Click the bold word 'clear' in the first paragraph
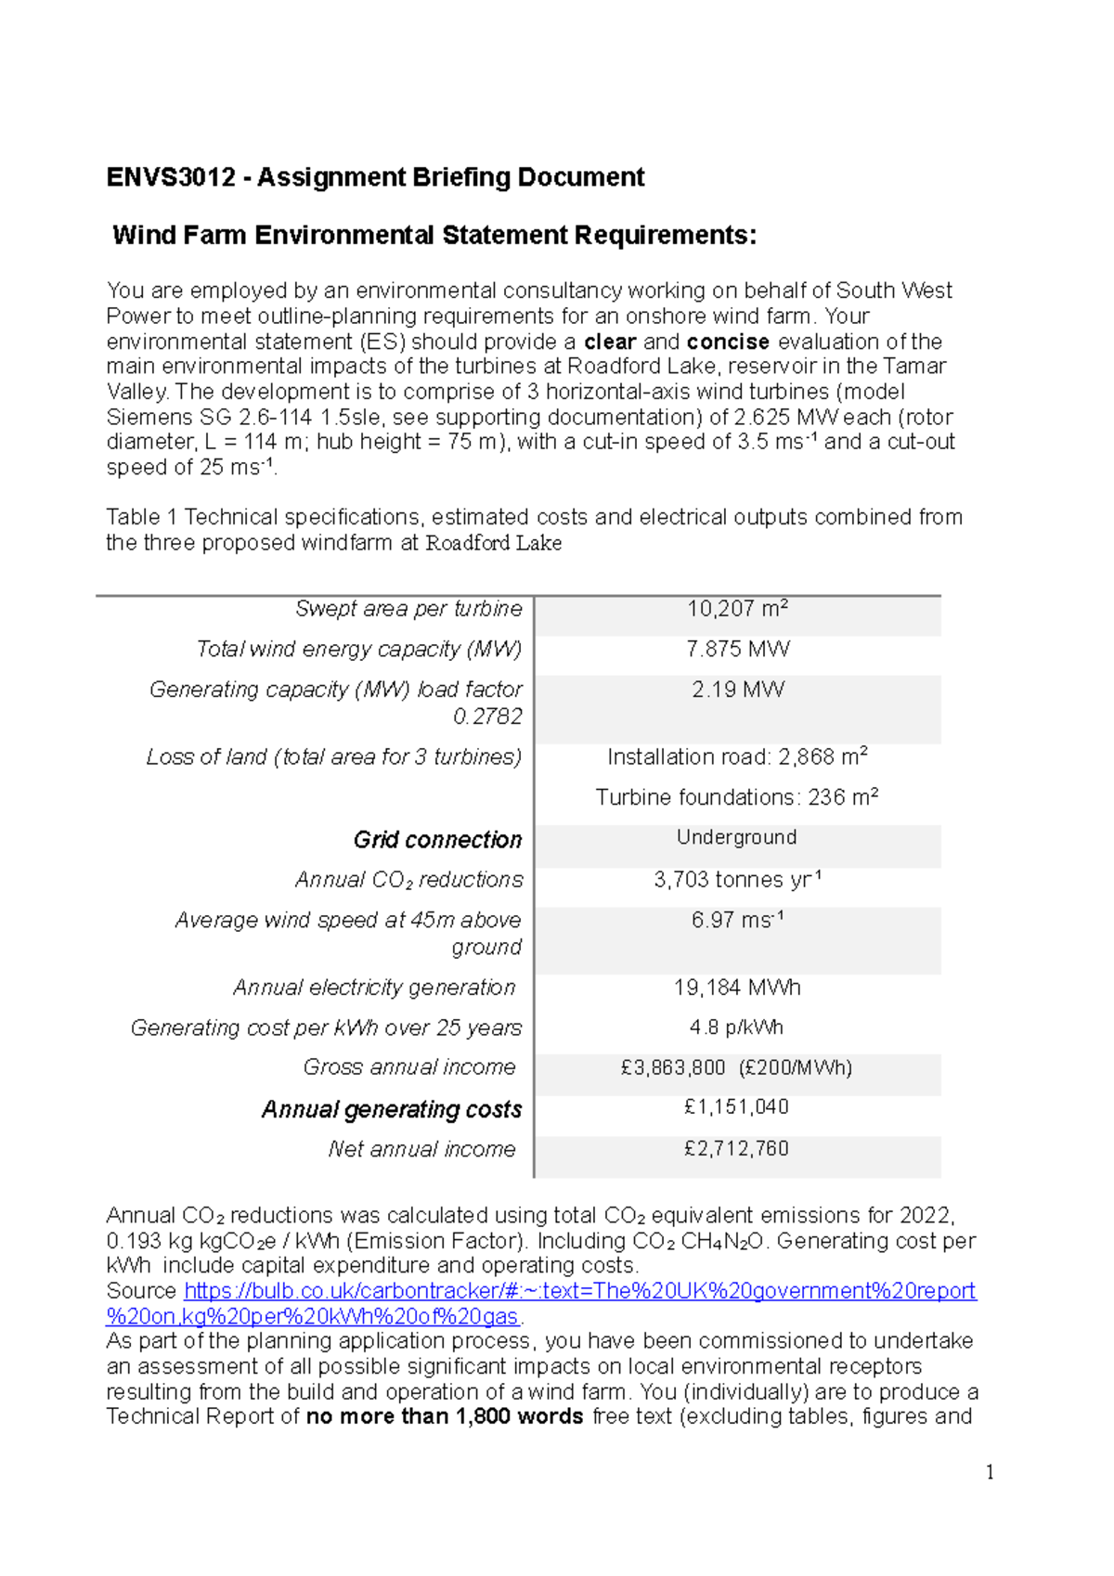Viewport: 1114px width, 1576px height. (x=610, y=342)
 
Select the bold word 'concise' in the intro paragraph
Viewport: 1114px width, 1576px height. (x=728, y=342)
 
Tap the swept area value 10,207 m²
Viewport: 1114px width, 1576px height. (x=737, y=609)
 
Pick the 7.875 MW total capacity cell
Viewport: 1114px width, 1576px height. (x=737, y=649)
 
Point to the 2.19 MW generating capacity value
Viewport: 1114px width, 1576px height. (x=737, y=690)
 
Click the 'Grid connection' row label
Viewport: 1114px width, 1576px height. (x=437, y=839)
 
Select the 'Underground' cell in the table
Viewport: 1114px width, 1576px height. (x=736, y=837)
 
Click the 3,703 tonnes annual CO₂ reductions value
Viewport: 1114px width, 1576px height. (x=737, y=879)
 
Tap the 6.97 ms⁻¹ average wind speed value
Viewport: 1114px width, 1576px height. (x=737, y=920)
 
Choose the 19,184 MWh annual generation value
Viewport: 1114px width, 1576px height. (x=737, y=988)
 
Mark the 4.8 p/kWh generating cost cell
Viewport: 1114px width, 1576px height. (x=736, y=1027)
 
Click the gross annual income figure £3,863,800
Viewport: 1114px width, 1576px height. (x=673, y=1067)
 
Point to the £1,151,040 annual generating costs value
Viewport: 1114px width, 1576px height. (x=736, y=1106)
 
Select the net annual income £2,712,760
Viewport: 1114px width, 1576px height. (x=736, y=1148)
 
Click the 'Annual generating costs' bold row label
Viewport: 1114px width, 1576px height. (x=392, y=1109)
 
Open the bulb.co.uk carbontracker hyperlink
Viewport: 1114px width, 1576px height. (x=579, y=1291)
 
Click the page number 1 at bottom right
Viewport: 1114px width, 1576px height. (x=990, y=1472)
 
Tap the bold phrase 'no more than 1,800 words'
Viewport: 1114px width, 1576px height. (x=445, y=1416)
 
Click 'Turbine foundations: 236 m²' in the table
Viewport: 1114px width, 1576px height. (x=737, y=797)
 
